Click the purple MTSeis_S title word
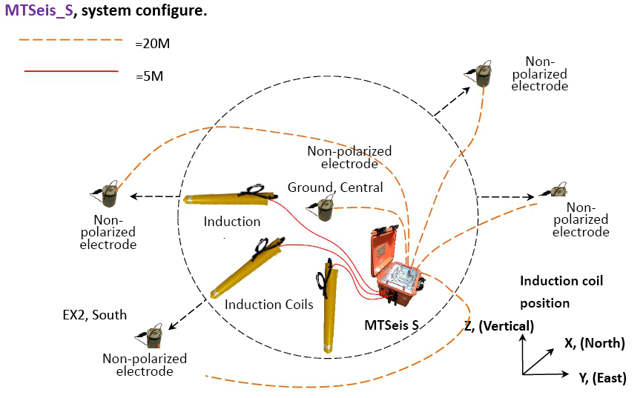point(39,10)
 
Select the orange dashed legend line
point(70,40)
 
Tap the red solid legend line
point(71,71)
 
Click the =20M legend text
point(153,44)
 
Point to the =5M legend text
point(149,76)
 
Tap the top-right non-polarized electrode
point(478,74)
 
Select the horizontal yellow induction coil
point(231,196)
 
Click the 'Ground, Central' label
point(335,188)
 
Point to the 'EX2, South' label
point(95,315)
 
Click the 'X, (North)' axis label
point(595,342)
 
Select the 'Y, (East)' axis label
point(602,377)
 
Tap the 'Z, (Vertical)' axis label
point(499,326)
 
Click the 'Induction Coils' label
point(269,305)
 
